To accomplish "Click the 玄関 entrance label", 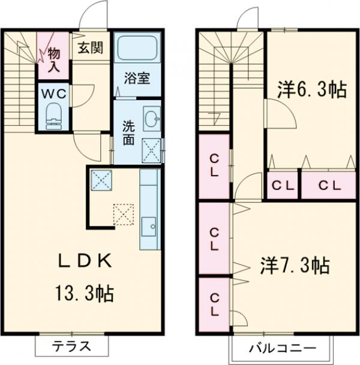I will tap(92, 47).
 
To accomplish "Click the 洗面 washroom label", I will tap(128, 133).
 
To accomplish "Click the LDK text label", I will tap(85, 262).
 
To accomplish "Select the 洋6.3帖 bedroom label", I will tap(310, 91).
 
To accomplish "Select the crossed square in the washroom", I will tap(151, 149).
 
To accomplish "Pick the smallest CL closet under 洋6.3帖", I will tap(283, 185).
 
